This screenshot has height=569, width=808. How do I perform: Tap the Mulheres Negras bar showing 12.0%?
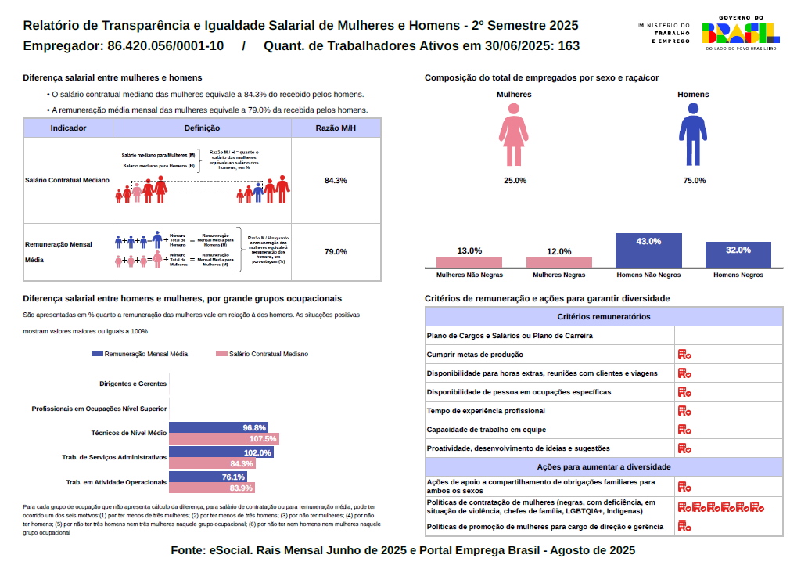click(x=558, y=262)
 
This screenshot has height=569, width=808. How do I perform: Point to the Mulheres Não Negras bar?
click(x=469, y=261)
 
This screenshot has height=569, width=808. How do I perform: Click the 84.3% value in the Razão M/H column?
click(x=336, y=181)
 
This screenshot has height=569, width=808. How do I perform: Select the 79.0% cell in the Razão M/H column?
click(x=336, y=252)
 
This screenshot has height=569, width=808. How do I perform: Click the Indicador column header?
click(x=68, y=128)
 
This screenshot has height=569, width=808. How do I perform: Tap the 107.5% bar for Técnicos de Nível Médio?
click(x=224, y=439)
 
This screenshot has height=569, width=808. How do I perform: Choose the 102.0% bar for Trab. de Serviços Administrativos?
click(x=221, y=453)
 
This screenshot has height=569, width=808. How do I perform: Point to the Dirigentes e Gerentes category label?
click(x=133, y=384)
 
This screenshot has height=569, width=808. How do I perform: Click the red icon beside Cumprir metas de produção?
click(x=684, y=355)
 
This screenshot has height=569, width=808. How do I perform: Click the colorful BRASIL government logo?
click(x=739, y=32)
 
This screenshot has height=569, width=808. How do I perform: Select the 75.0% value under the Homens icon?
click(x=694, y=181)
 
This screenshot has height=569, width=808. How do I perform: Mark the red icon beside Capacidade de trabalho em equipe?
click(x=684, y=430)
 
